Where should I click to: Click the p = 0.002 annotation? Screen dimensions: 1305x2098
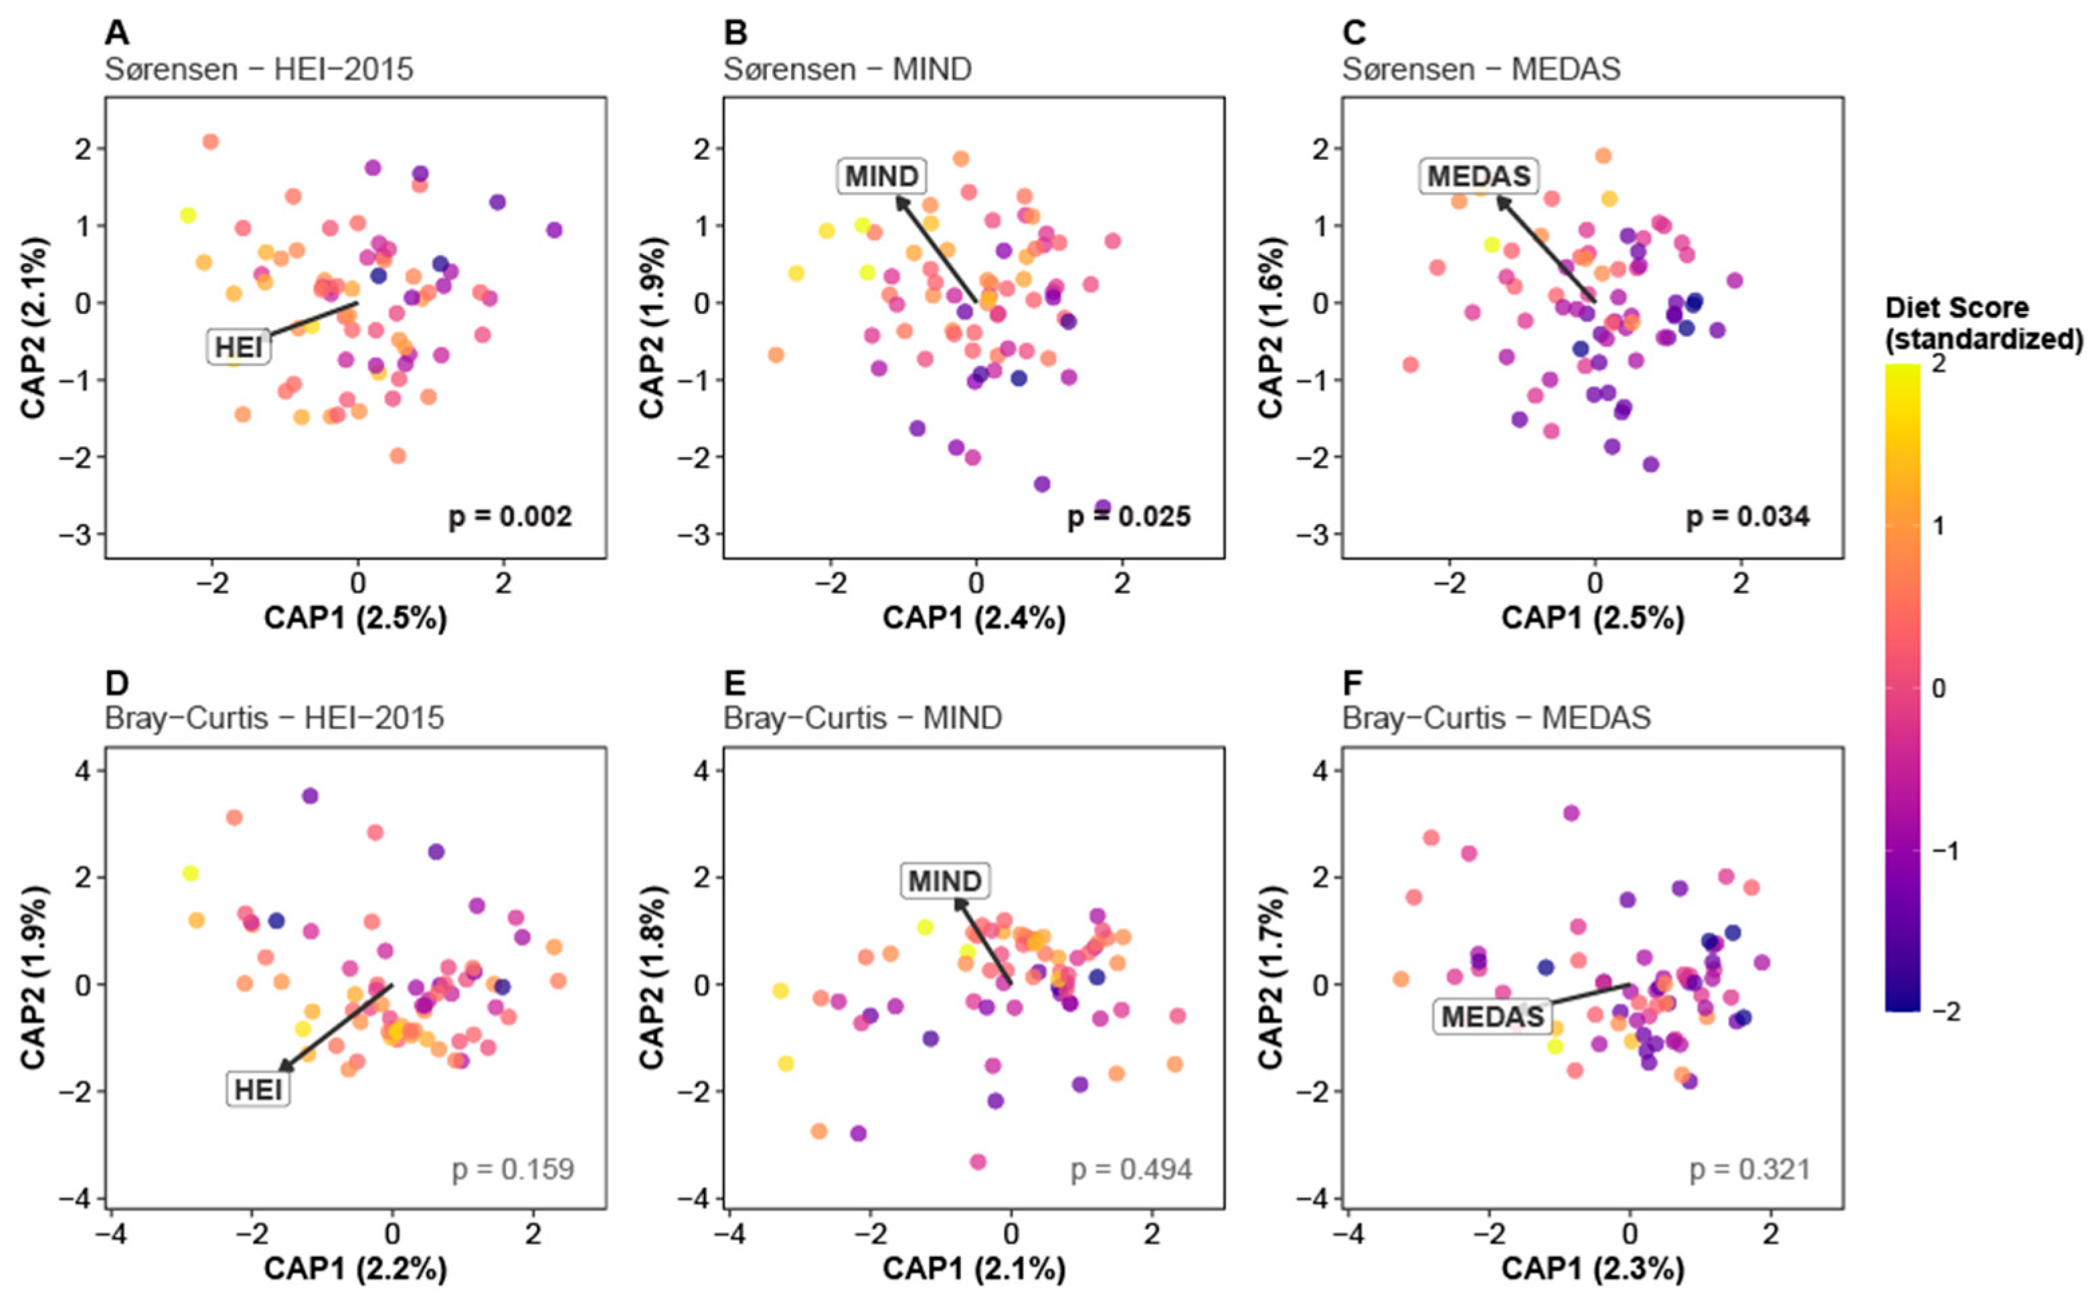pyautogui.click(x=510, y=517)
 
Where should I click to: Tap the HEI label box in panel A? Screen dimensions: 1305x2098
pyautogui.click(x=238, y=347)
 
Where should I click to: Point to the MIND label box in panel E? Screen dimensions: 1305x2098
pyautogui.click(x=945, y=881)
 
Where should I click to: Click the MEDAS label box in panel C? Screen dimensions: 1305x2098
pyautogui.click(x=1478, y=176)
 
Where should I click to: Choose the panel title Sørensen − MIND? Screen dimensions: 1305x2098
pyautogui.click(x=847, y=69)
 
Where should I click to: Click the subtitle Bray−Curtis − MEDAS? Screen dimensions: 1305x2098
pyautogui.click(x=1496, y=718)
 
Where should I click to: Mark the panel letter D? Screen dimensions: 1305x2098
pyautogui.click(x=116, y=683)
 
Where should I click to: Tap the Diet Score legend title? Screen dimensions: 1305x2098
pyautogui.click(x=1982, y=324)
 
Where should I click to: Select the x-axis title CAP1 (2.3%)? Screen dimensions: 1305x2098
pyautogui.click(x=1593, y=1269)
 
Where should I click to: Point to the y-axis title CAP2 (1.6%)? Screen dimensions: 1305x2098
pyautogui.click(x=1272, y=328)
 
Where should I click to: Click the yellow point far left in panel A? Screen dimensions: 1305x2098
pyautogui.click(x=188, y=215)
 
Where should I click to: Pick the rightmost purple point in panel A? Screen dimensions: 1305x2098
pyautogui.click(x=554, y=230)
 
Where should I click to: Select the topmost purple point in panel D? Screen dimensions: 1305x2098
pyautogui.click(x=310, y=796)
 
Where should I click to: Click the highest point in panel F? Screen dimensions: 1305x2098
pyautogui.click(x=1571, y=813)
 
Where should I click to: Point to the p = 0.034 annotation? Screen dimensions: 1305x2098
pyautogui.click(x=1747, y=517)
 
